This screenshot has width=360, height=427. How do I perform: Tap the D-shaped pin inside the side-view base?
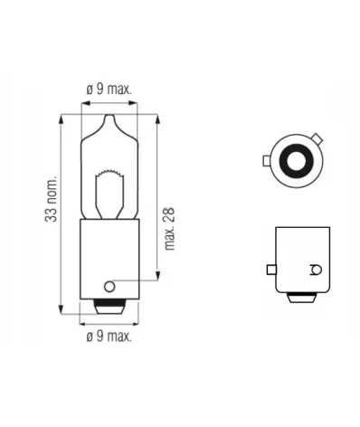point(314,270)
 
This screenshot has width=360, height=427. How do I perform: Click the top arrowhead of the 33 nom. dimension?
point(60,118)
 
